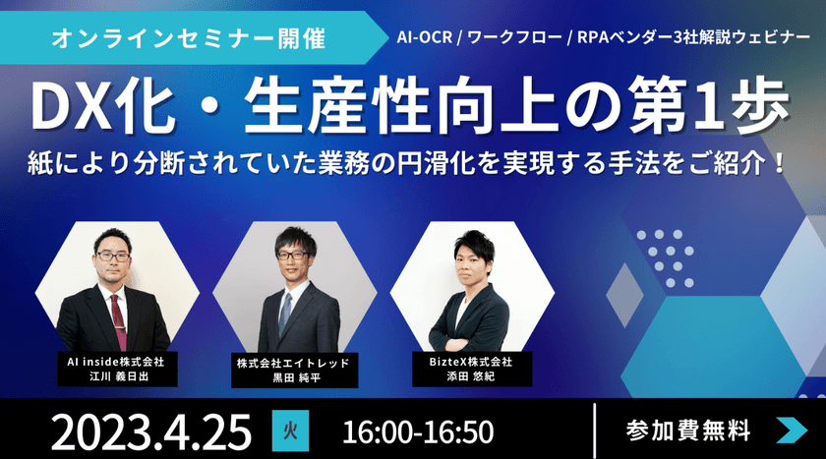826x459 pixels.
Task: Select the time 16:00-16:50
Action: tap(419, 430)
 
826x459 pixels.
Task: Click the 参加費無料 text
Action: tap(688, 430)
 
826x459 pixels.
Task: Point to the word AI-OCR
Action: tap(426, 41)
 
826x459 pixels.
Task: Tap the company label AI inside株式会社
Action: tap(116, 362)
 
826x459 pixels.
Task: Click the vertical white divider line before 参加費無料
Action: tap(597, 430)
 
